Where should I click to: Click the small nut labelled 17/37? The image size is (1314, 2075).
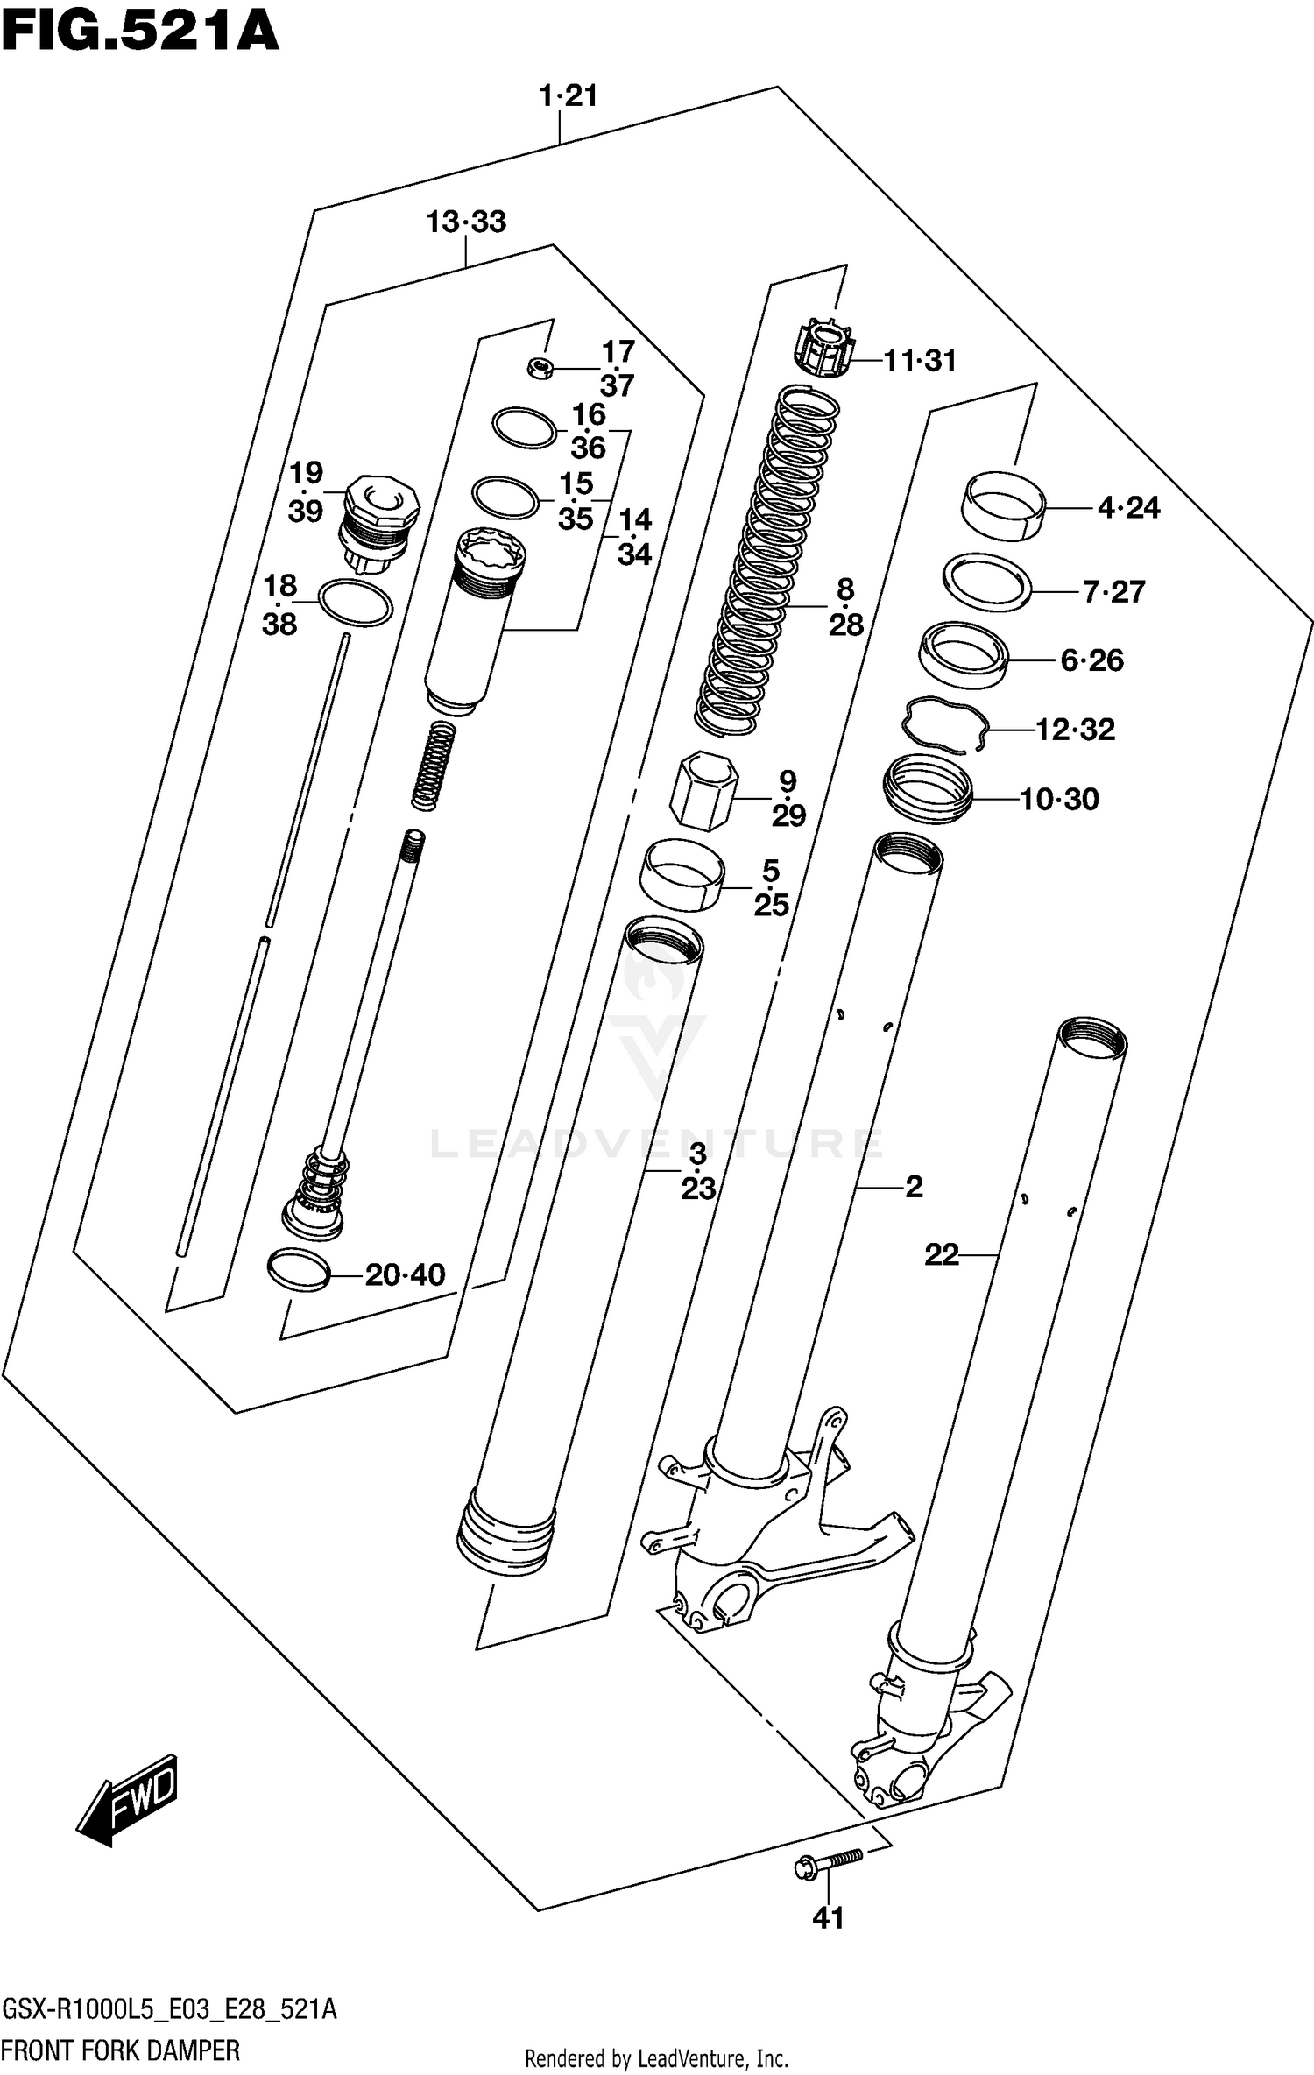(x=539, y=369)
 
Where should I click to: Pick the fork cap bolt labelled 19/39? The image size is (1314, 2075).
(x=379, y=523)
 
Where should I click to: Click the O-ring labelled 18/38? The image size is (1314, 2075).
(x=356, y=603)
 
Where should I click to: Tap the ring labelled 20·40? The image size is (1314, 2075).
(x=298, y=1271)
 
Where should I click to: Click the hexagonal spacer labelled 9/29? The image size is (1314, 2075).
(x=703, y=789)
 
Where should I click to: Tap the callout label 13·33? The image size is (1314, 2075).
(x=466, y=222)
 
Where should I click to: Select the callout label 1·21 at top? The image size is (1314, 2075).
(x=568, y=95)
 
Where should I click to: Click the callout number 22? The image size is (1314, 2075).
(x=942, y=1255)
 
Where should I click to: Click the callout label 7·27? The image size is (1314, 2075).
(x=1113, y=592)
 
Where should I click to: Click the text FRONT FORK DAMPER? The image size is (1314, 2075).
(x=121, y=2050)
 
